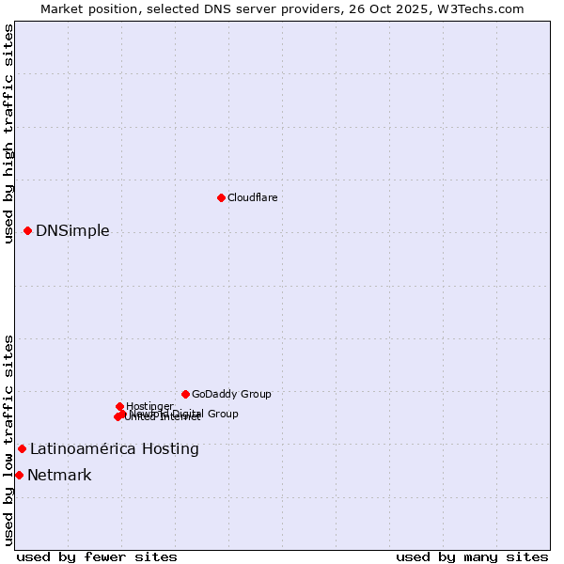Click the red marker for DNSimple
pyautogui.click(x=27, y=230)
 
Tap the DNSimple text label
pyautogui.click(x=72, y=231)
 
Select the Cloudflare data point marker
pyautogui.click(x=221, y=197)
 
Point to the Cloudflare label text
pyautogui.click(x=252, y=197)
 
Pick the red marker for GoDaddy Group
pyautogui.click(x=185, y=394)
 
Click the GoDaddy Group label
pyautogui.click(x=231, y=395)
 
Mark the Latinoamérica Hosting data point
pyautogui.click(x=22, y=448)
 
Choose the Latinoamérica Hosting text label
pyautogui.click(x=115, y=449)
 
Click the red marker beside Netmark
pyautogui.click(x=19, y=475)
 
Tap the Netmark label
pyautogui.click(x=59, y=476)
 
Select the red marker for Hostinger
pyautogui.click(x=119, y=406)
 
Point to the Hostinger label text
pyautogui.click(x=149, y=406)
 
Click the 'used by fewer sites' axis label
pyautogui.click(x=97, y=556)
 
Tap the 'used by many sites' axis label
pyautogui.click(x=472, y=556)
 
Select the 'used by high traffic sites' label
pyautogui.click(x=8, y=133)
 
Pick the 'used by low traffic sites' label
pyautogui.click(x=8, y=439)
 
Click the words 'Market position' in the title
pyautogui.click(x=86, y=8)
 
